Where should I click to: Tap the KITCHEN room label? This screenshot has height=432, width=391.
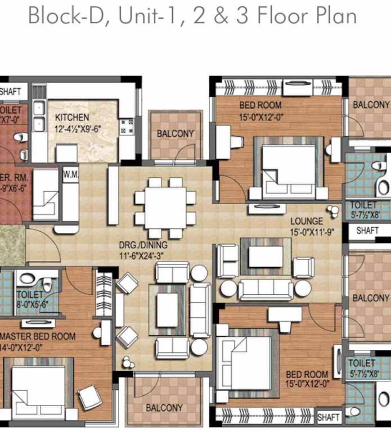click(71, 118)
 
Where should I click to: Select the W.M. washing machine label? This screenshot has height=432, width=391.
click(70, 174)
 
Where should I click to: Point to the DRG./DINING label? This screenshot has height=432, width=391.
click(142, 245)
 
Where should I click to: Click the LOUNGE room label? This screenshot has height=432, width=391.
click(307, 221)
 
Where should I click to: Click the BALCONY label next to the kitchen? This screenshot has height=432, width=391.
click(175, 134)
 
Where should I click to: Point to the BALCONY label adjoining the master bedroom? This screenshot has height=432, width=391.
click(164, 408)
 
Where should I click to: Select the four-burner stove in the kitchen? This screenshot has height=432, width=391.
click(126, 125)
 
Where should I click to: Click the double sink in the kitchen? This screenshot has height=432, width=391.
click(39, 116)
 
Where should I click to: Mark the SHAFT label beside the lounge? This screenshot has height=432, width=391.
click(367, 231)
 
